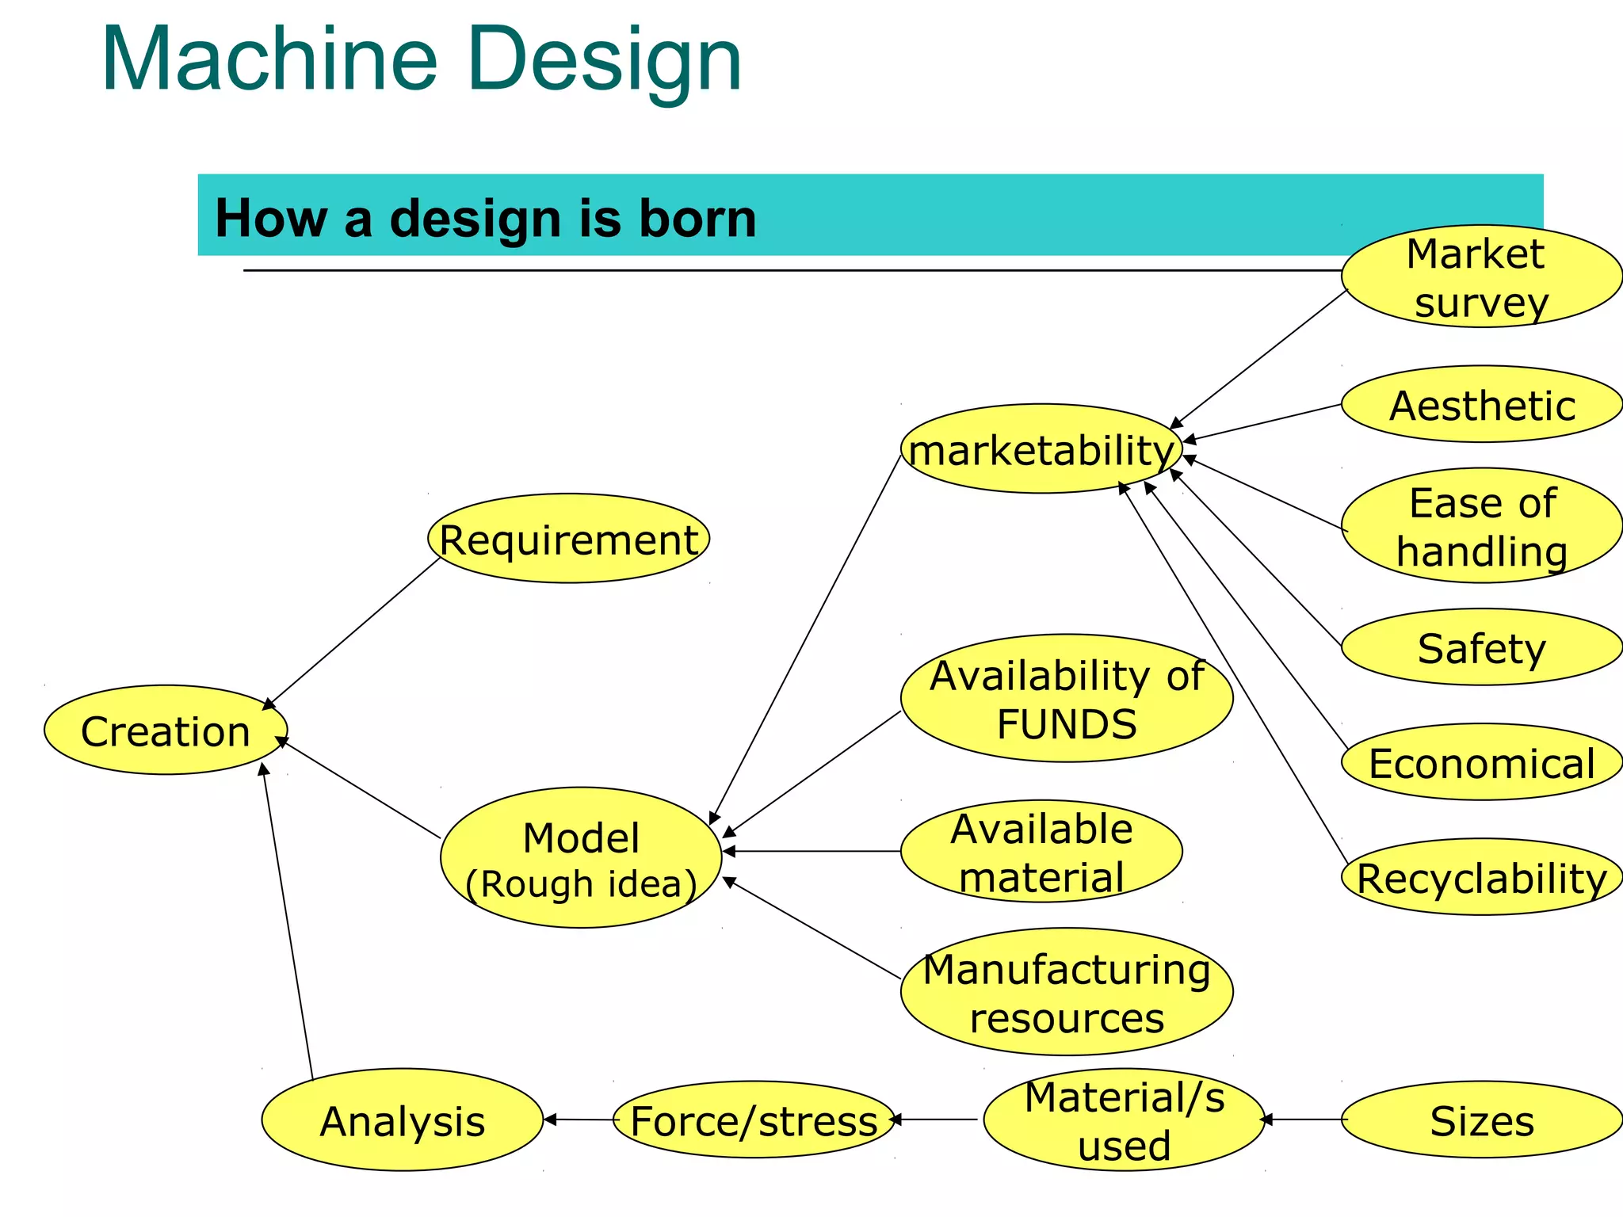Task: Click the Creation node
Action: click(x=165, y=730)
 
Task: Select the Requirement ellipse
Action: click(x=568, y=539)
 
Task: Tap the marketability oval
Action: click(x=1041, y=449)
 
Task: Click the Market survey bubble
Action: click(x=1481, y=277)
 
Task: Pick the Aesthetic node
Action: click(x=1481, y=404)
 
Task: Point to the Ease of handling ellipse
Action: click(x=1481, y=525)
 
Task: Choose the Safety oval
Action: click(x=1481, y=647)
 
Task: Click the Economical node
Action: click(x=1481, y=762)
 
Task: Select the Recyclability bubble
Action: click(x=1481, y=877)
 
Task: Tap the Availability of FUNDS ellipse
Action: click(x=1067, y=698)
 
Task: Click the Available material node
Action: click(x=1041, y=852)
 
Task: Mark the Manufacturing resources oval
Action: click(x=1067, y=992)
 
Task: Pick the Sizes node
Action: click(x=1481, y=1120)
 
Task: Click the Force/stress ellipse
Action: click(x=754, y=1120)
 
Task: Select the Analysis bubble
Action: click(x=403, y=1120)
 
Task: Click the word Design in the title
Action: click(x=604, y=59)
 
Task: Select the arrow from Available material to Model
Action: click(x=812, y=852)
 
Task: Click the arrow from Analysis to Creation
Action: click(x=288, y=919)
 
